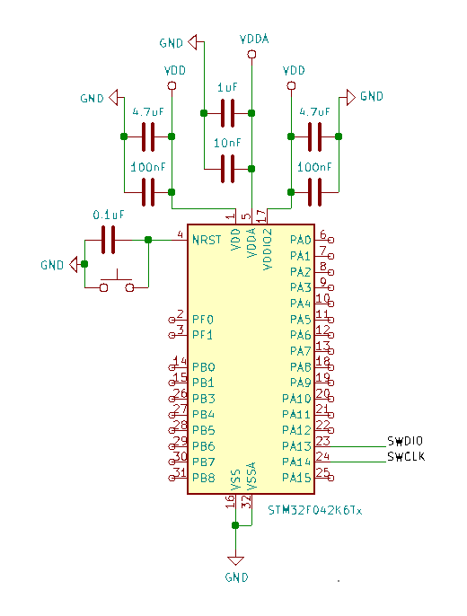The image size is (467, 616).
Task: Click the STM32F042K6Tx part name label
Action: tap(314, 510)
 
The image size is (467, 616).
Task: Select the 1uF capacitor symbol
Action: tap(227, 113)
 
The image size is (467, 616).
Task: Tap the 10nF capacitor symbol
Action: tap(227, 169)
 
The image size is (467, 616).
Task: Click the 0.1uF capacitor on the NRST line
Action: tap(109, 240)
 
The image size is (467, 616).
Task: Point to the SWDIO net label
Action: tap(405, 441)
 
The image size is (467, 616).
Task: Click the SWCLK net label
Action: tap(406, 456)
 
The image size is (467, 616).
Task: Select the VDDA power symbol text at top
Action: tap(254, 39)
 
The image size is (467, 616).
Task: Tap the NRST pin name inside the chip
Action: tap(207, 240)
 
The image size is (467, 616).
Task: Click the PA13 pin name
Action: tap(296, 446)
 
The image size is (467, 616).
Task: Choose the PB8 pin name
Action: tap(204, 478)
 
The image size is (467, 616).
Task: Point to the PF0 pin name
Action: tap(203, 320)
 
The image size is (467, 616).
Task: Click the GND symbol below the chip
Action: tap(235, 561)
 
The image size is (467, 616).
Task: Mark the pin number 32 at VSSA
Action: tap(247, 502)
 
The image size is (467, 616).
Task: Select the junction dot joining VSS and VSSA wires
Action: tap(235, 525)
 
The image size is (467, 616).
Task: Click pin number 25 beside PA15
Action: tap(322, 472)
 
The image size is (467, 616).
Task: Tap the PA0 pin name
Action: tap(301, 240)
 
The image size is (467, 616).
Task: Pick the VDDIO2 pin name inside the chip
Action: tap(268, 250)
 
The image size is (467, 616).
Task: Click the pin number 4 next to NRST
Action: tap(181, 234)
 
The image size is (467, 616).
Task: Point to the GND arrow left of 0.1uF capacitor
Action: tap(74, 264)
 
